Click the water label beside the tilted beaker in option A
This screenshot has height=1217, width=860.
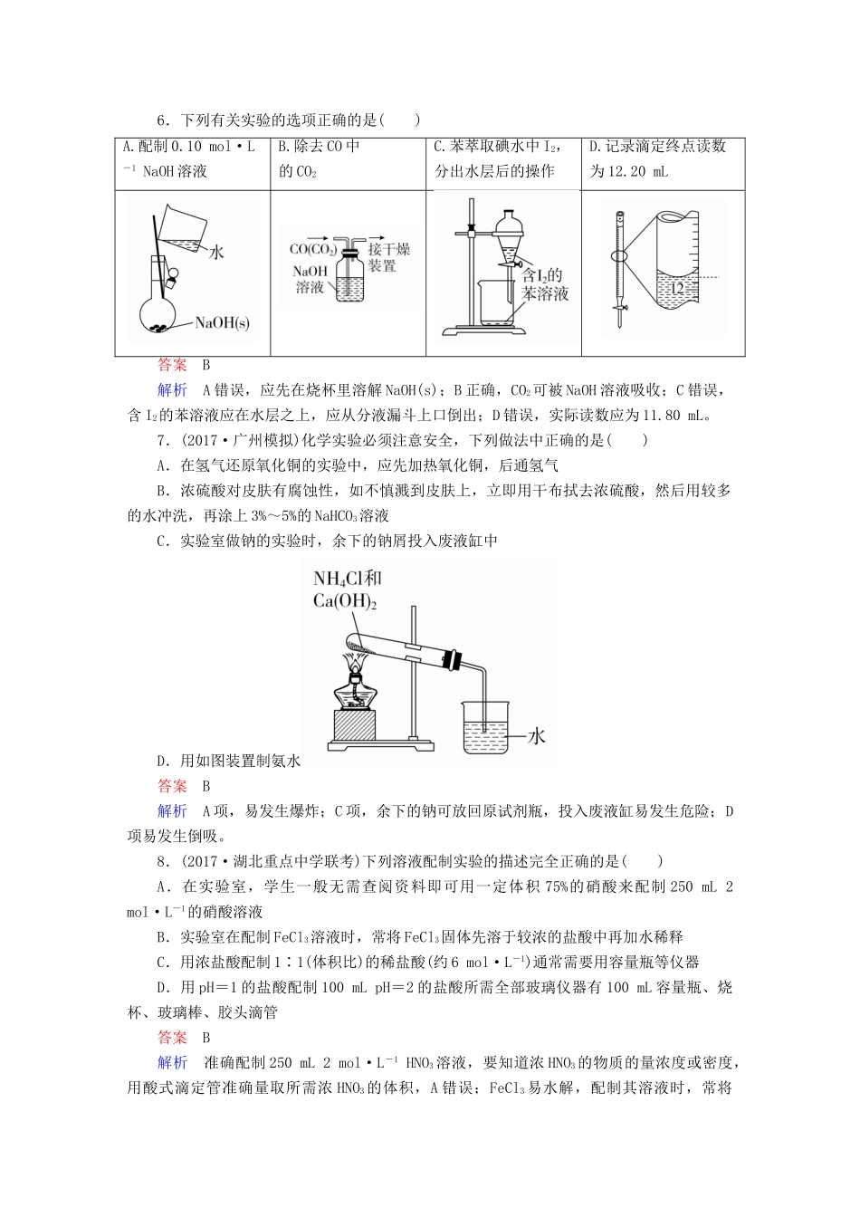click(216, 253)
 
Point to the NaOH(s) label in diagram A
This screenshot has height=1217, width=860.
click(222, 323)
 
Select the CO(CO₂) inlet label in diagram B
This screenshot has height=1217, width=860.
click(312, 250)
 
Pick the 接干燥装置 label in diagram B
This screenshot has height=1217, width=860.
click(388, 257)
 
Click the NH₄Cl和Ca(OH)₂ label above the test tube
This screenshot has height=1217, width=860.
click(348, 589)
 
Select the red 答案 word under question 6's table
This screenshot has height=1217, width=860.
click(172, 365)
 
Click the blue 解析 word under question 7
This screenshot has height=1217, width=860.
click(172, 811)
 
